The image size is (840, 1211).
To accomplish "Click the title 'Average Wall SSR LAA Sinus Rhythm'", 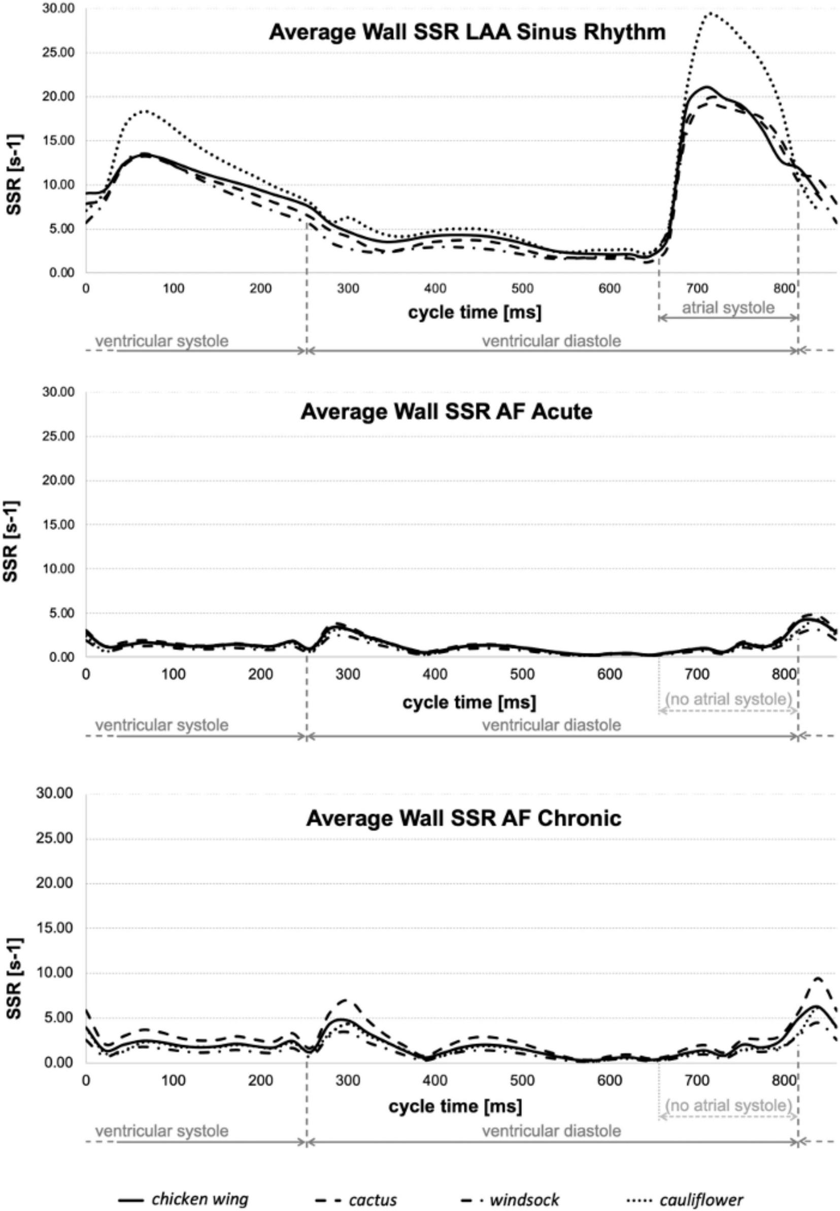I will click(x=467, y=32).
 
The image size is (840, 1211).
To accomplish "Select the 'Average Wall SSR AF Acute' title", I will click(x=446, y=411).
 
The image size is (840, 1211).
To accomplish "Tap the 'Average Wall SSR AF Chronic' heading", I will click(x=464, y=818).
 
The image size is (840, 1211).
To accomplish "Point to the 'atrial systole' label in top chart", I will click(x=728, y=308).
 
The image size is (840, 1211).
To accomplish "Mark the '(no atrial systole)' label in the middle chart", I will click(x=728, y=699).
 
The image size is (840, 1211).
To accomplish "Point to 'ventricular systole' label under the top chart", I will click(x=161, y=341).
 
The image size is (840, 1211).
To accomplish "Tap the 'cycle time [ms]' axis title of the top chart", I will click(x=474, y=313).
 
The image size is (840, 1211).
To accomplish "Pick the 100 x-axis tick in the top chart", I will click(x=174, y=288).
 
